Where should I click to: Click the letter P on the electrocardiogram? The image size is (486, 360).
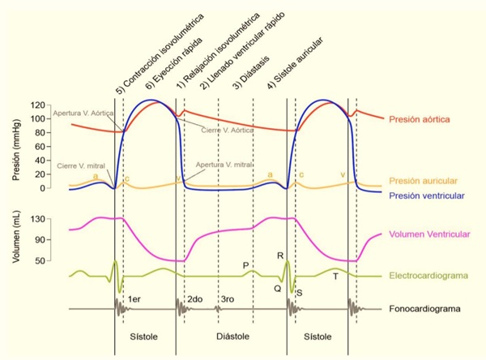point(245,265)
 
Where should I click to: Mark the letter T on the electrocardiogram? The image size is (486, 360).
point(335,276)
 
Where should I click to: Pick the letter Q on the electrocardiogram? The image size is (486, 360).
point(277,287)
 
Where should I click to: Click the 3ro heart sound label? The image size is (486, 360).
point(227,300)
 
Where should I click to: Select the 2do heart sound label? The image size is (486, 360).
point(194,300)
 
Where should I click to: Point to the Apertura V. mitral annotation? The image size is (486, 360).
point(223,165)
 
